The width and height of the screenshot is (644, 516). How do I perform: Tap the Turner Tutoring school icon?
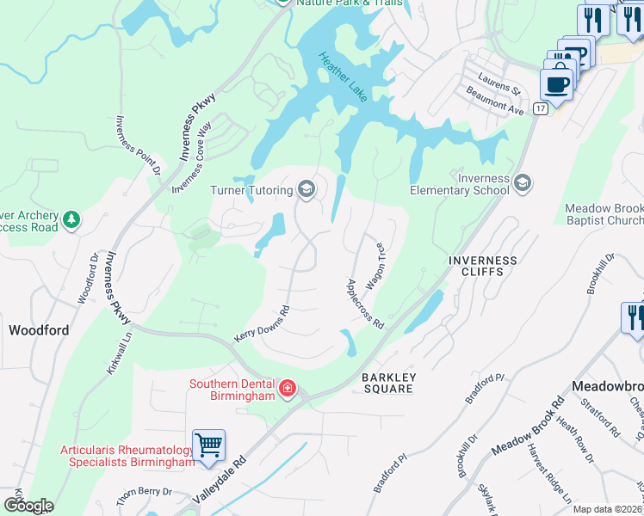point(306,188)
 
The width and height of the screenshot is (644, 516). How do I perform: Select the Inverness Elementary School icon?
point(523,182)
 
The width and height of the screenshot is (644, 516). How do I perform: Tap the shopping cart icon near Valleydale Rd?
point(208,445)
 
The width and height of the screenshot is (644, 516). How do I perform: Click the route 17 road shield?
point(540,108)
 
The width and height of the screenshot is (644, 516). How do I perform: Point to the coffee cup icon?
point(556,84)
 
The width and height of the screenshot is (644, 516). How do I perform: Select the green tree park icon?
point(72,221)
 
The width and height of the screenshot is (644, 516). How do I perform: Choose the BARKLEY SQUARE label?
point(389,383)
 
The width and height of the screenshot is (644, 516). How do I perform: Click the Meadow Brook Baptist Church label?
point(604,215)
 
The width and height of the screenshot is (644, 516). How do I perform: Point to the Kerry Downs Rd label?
point(261,324)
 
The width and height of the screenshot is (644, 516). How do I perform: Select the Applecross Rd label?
point(364,303)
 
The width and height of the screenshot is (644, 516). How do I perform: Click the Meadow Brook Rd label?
point(528,429)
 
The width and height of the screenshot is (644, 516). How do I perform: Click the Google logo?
point(28,506)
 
